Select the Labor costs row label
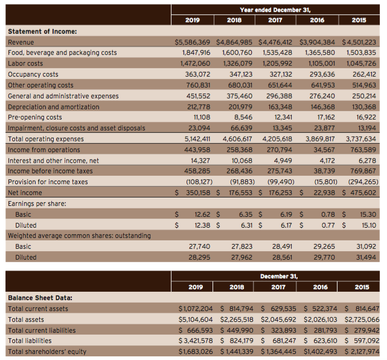tap(25, 63)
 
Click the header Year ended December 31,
tap(275, 8)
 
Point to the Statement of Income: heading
tap(42, 31)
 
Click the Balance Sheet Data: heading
tap(39, 298)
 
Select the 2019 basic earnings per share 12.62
tap(201, 214)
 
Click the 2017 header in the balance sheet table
tap(275, 287)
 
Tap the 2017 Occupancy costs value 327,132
tap(279, 74)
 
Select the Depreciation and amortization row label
tap(53, 107)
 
